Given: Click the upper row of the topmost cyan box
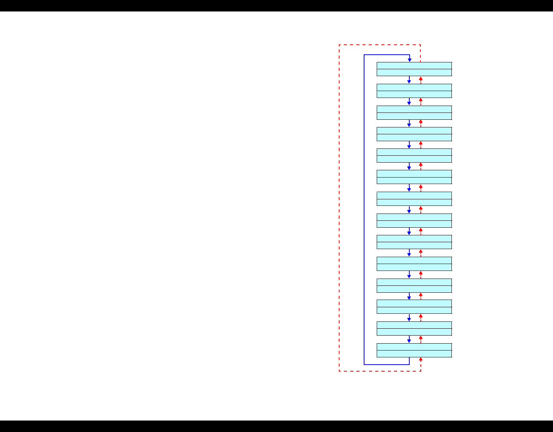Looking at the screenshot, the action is pos(414,65).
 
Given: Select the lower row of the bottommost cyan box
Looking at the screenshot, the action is pos(414,354).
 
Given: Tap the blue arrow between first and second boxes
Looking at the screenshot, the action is pos(409,80).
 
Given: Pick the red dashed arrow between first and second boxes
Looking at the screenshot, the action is pos(421,80).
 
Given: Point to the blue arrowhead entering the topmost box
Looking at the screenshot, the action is pos(409,60).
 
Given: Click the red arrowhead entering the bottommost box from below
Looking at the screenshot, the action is pos(421,360).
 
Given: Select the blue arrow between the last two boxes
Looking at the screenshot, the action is pos(409,339).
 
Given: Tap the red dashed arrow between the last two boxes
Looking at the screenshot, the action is pos(421,339).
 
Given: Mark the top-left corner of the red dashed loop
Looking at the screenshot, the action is pos(339,45).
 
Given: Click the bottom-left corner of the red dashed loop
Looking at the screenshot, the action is pos(339,371).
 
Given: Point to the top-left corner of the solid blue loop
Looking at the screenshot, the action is pos(364,55).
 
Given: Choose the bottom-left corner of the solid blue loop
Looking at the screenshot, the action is pos(364,364).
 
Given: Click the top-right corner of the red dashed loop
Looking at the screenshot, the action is pos(421,45).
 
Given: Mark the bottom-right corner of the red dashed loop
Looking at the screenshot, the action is pos(421,371).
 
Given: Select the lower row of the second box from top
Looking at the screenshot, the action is pos(414,95).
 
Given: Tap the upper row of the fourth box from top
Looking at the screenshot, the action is pos(414,130).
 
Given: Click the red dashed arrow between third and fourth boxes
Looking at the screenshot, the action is pos(421,123).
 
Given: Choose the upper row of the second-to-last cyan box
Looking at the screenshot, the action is pos(414,325).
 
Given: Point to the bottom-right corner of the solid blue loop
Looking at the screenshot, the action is pos(409,364).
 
